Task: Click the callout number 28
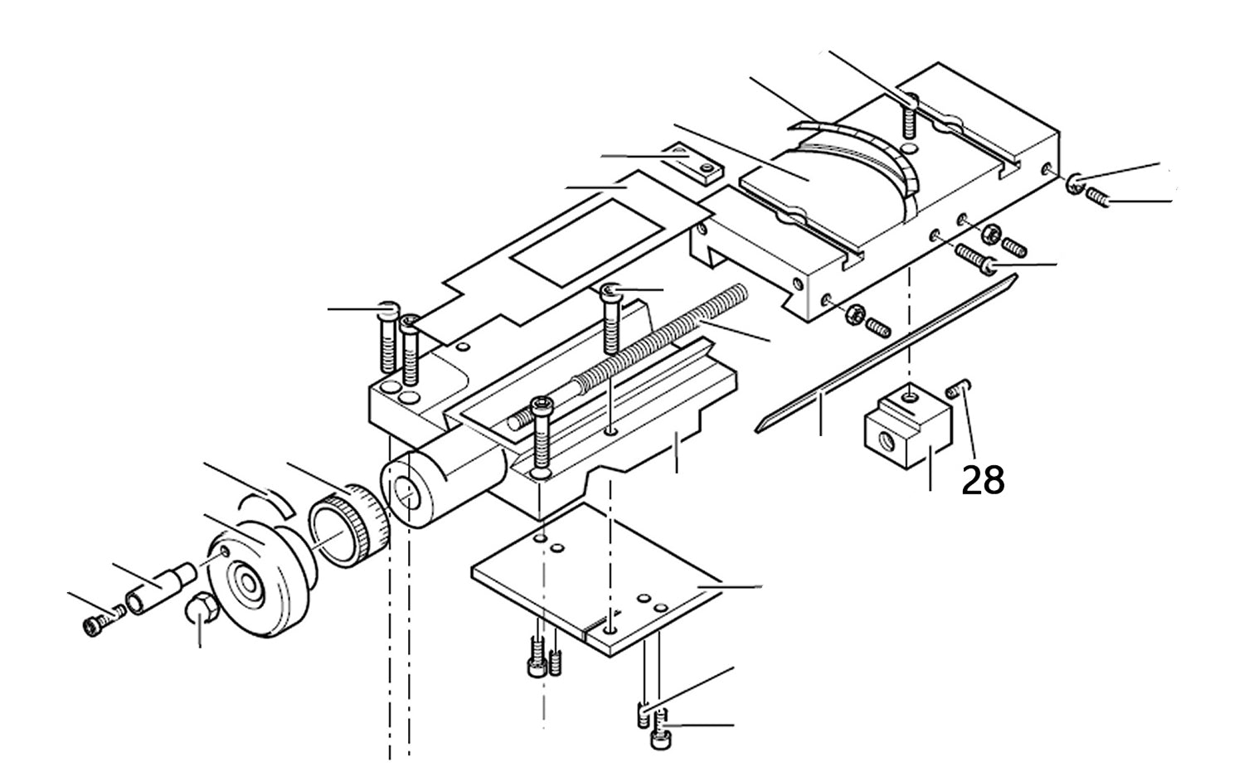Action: click(x=983, y=480)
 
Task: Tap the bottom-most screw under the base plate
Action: click(x=660, y=738)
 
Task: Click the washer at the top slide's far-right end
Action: click(x=1074, y=185)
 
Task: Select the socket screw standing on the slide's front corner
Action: click(x=542, y=435)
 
